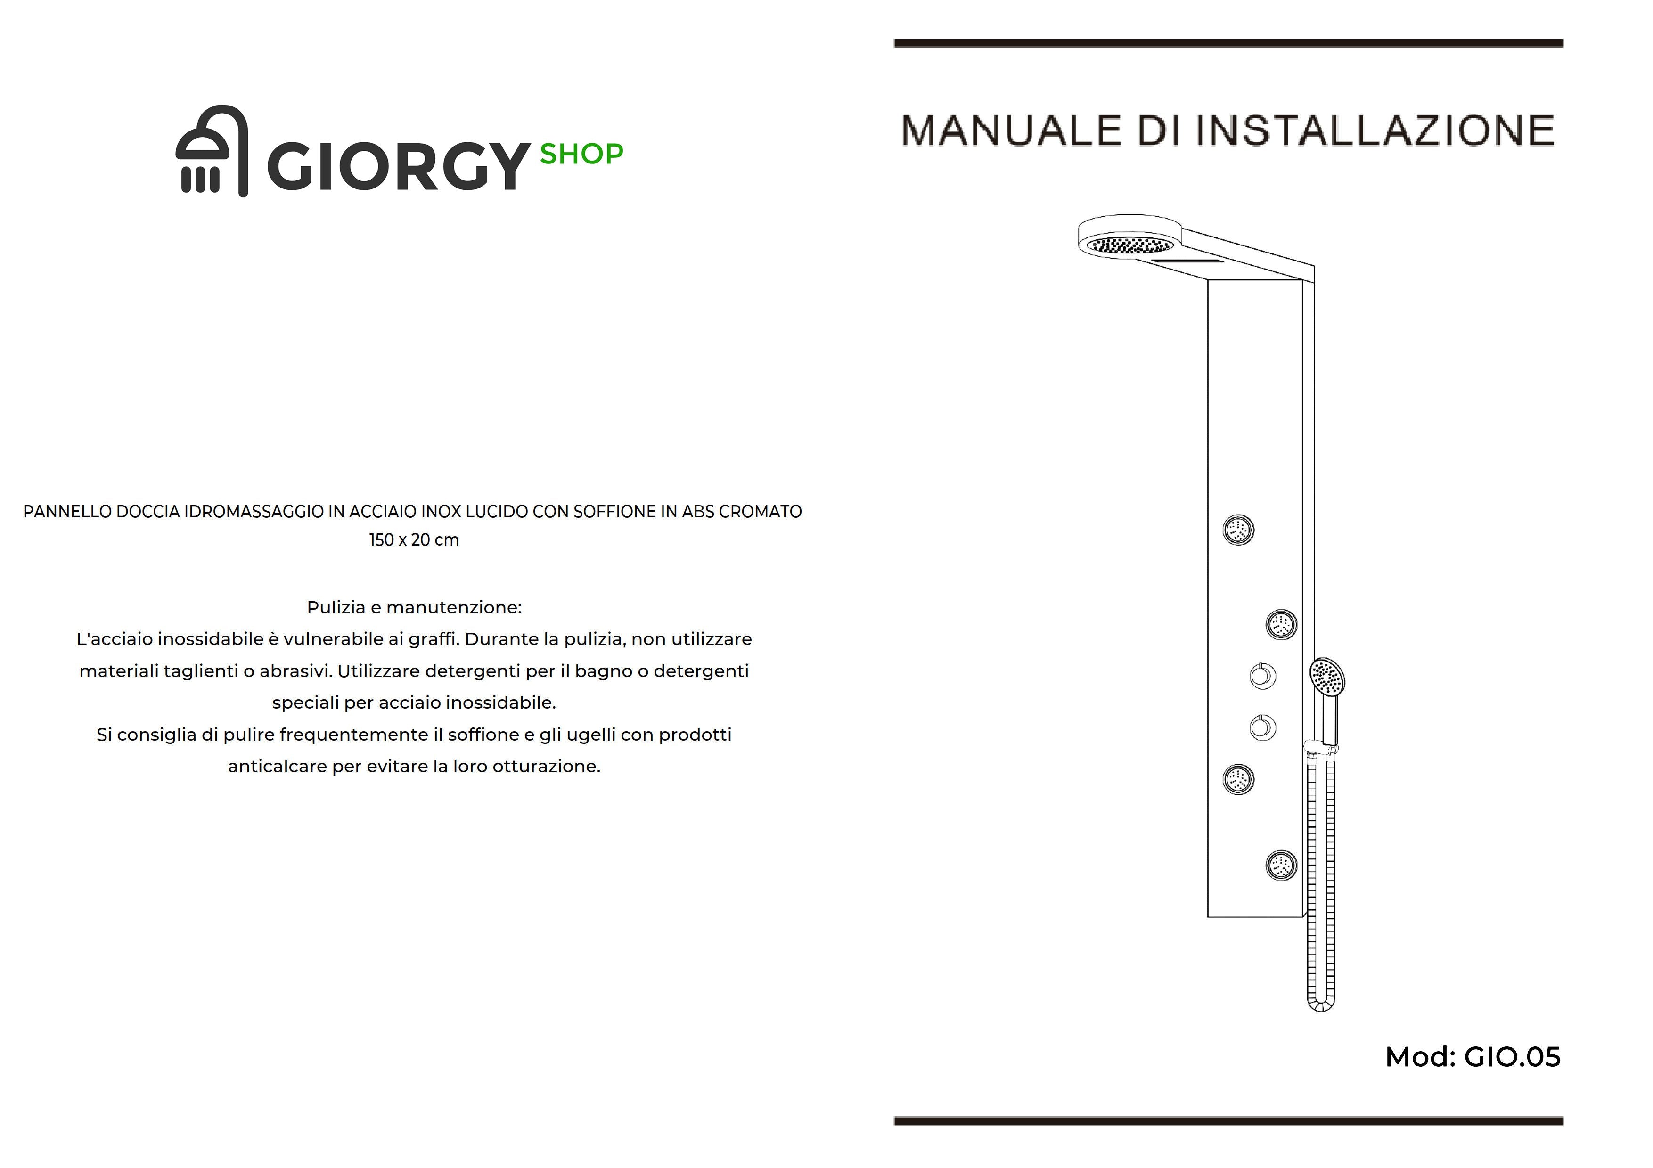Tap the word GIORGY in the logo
398,166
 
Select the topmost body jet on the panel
1238,530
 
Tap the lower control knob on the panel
1262,727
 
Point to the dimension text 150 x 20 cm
414,540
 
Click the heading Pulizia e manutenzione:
414,607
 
